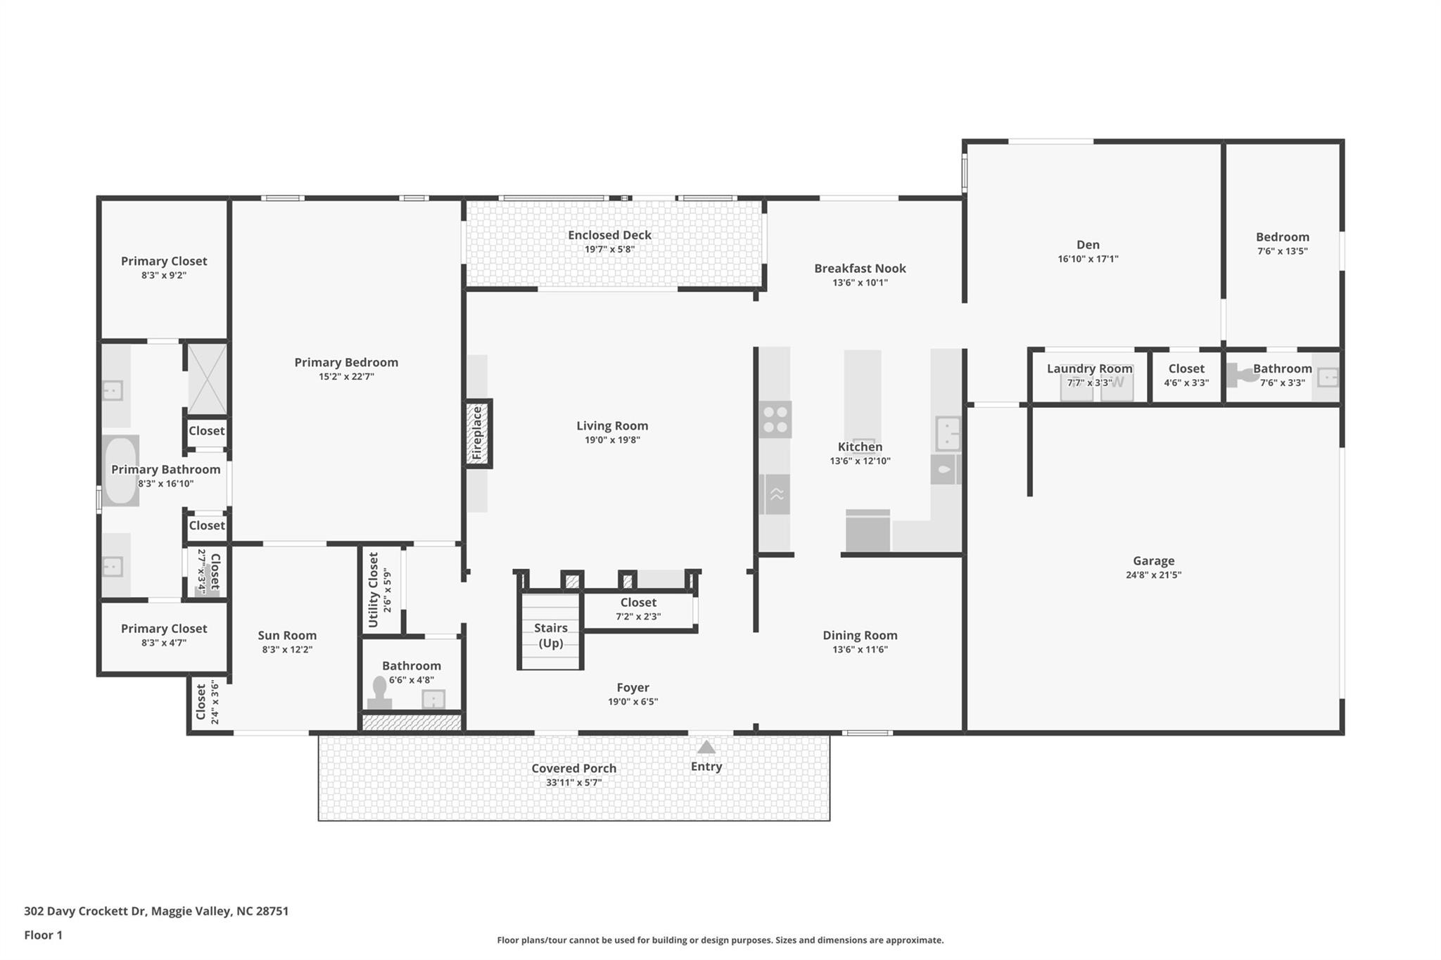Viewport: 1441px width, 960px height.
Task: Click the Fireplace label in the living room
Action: pyautogui.click(x=478, y=433)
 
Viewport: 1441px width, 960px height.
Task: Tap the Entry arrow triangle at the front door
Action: pyautogui.click(x=706, y=747)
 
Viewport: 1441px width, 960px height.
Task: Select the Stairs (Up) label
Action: pyautogui.click(x=550, y=635)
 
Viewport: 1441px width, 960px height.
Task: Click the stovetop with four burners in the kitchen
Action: pyautogui.click(x=775, y=420)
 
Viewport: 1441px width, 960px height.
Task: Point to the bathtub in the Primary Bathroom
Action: pyautogui.click(x=121, y=470)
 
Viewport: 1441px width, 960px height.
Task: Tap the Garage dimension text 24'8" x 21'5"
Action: pyautogui.click(x=1153, y=575)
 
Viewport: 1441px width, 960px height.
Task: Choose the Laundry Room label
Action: pyautogui.click(x=1089, y=369)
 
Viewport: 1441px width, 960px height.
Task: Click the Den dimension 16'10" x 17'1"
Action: pyautogui.click(x=1088, y=259)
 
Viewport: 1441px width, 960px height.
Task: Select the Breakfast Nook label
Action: pyautogui.click(x=860, y=268)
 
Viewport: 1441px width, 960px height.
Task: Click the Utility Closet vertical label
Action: pyautogui.click(x=374, y=589)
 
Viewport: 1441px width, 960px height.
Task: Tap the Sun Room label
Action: pyautogui.click(x=287, y=635)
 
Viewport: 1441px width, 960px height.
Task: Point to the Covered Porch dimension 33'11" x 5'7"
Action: pyautogui.click(x=573, y=783)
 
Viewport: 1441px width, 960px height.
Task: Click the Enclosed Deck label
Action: pyautogui.click(x=609, y=235)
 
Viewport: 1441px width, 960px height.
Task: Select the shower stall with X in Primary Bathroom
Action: pyautogui.click(x=208, y=378)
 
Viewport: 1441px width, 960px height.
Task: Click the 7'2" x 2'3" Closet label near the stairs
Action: pyautogui.click(x=638, y=602)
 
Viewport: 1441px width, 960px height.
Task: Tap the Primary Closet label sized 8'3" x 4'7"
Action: pyautogui.click(x=164, y=629)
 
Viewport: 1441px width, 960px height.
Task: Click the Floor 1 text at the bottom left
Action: pyautogui.click(x=43, y=935)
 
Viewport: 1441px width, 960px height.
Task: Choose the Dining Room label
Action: pyautogui.click(x=860, y=635)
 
